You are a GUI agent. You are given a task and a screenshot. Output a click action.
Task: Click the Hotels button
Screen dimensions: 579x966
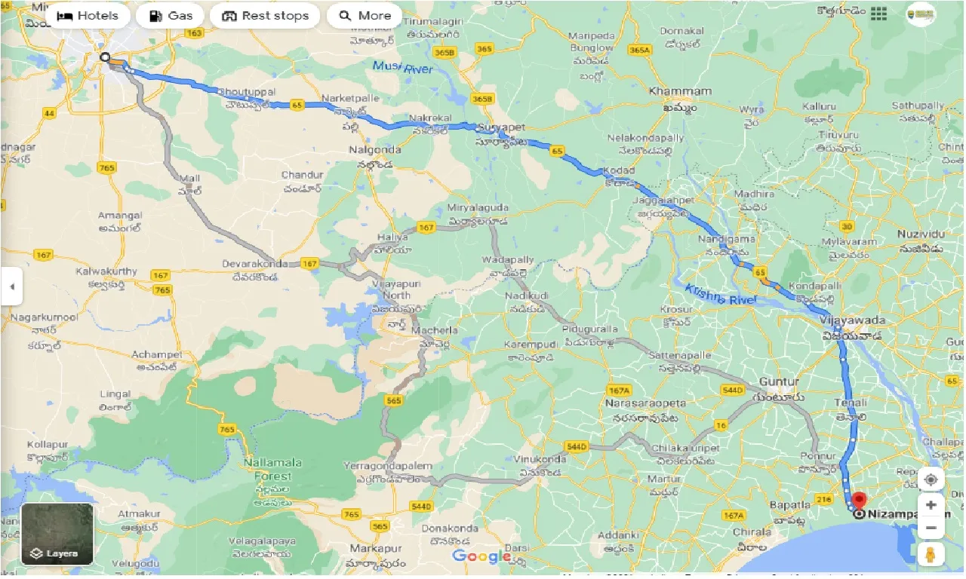(x=88, y=16)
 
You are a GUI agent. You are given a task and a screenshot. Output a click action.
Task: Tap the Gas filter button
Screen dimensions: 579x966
(x=171, y=16)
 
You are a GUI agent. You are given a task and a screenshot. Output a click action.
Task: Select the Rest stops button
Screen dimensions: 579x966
(x=265, y=16)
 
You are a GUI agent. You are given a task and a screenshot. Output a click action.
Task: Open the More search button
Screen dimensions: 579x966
(x=365, y=16)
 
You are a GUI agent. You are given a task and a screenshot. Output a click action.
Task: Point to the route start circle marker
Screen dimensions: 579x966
(x=105, y=57)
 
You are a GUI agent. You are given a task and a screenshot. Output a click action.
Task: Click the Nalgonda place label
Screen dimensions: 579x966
(x=375, y=150)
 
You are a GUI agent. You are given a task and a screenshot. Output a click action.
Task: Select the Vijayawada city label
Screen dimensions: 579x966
(x=851, y=320)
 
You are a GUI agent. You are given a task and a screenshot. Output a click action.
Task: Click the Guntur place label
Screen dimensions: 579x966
(x=780, y=382)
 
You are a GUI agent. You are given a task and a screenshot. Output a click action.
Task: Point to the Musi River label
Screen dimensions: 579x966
(x=402, y=69)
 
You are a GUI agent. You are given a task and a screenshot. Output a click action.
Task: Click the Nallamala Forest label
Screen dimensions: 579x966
(x=272, y=469)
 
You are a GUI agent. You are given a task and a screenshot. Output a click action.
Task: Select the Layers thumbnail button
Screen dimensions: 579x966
(x=57, y=534)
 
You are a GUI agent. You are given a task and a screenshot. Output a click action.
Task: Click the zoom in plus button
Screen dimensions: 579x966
(x=932, y=505)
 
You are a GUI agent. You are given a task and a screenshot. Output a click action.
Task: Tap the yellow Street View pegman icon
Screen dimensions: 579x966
(x=932, y=553)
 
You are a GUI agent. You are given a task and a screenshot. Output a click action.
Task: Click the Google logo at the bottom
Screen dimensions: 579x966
(x=481, y=557)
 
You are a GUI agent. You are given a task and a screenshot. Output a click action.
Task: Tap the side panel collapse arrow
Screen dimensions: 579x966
(x=11, y=286)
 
